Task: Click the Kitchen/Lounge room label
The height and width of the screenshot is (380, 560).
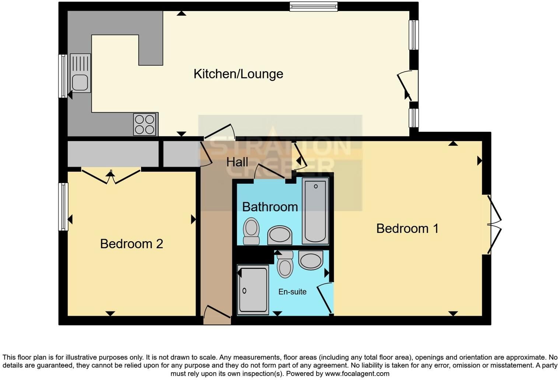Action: click(x=238, y=74)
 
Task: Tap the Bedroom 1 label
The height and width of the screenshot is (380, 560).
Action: click(x=407, y=229)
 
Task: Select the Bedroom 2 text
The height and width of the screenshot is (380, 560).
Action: click(x=132, y=244)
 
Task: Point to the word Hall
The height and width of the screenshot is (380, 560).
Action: click(x=237, y=162)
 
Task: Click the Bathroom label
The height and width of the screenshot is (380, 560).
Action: click(x=270, y=207)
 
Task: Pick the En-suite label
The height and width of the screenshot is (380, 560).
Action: click(x=293, y=292)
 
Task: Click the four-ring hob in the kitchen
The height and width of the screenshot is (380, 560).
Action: click(x=144, y=124)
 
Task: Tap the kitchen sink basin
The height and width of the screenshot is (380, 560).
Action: click(x=80, y=82)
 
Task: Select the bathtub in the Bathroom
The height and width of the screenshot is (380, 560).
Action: click(x=315, y=211)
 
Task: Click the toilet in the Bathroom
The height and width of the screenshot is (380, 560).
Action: click(x=251, y=231)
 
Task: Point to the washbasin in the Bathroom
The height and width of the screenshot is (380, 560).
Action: click(x=280, y=235)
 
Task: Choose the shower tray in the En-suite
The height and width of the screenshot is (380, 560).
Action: click(x=253, y=290)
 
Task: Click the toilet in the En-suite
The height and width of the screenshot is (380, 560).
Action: click(x=285, y=265)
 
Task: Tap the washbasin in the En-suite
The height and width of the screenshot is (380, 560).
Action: click(x=311, y=260)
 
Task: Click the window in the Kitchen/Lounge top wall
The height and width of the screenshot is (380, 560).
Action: click(x=314, y=6)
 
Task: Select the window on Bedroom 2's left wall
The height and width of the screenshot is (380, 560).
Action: click(x=63, y=207)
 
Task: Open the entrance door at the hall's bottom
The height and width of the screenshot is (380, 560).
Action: click(x=217, y=315)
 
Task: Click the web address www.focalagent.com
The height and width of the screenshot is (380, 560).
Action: click(x=357, y=373)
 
